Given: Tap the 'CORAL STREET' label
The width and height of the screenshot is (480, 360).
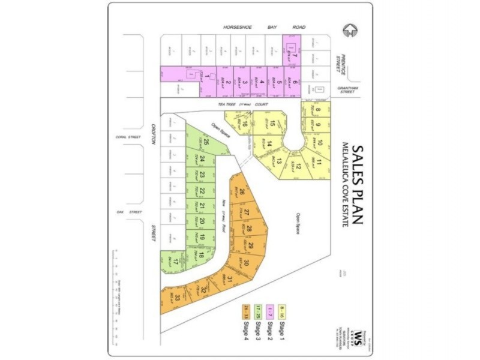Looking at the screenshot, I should [121, 137].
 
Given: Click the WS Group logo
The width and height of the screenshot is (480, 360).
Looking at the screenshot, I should [359, 334].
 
